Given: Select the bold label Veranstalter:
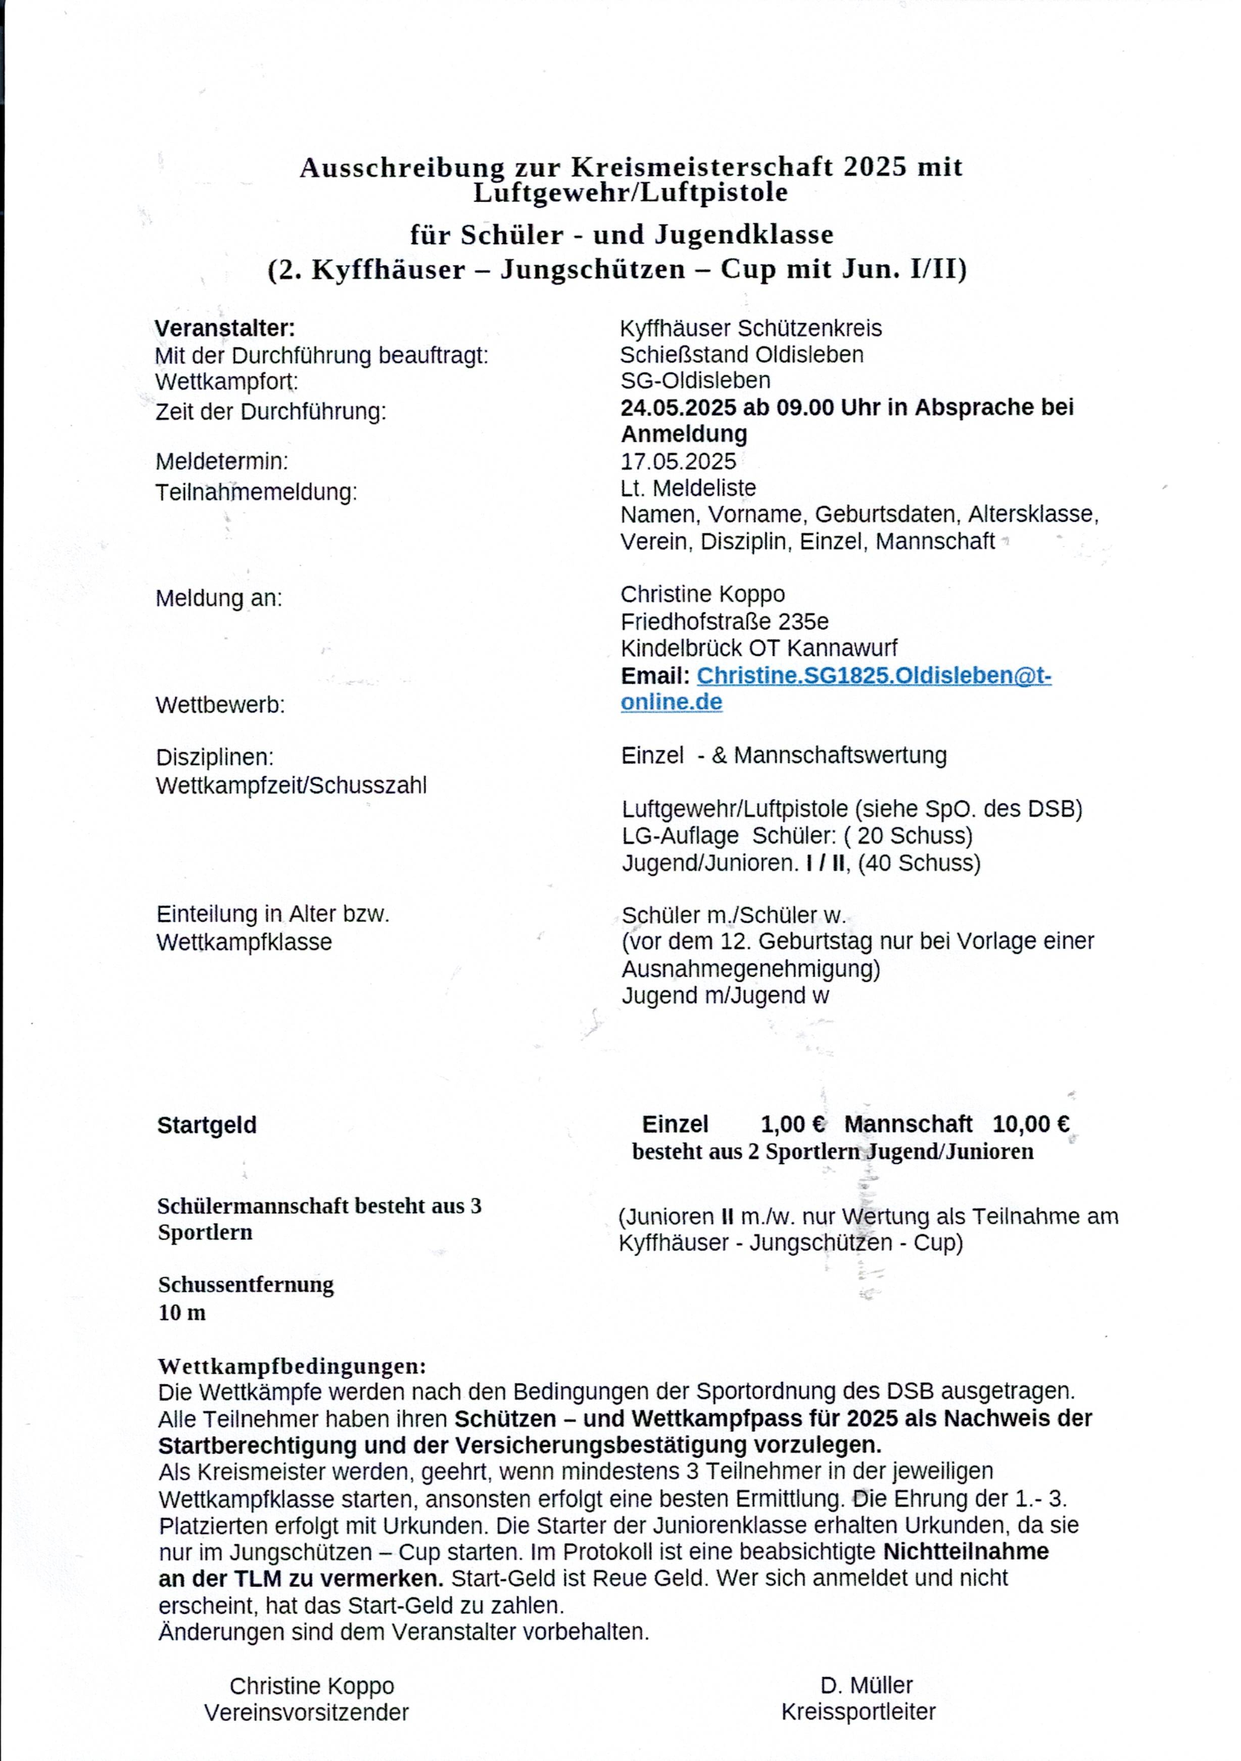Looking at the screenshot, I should (x=225, y=328).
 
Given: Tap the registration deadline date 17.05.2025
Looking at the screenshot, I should (x=678, y=461).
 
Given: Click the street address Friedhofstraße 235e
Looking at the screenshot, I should (x=724, y=620).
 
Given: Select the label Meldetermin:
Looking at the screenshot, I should (x=221, y=461).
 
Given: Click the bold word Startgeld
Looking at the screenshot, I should (x=207, y=1125).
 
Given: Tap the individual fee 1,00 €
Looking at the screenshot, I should (x=793, y=1125).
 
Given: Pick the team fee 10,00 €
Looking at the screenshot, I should (x=1031, y=1125).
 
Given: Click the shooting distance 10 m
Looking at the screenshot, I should (x=182, y=1312).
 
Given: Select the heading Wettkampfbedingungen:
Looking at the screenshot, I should (x=291, y=1366).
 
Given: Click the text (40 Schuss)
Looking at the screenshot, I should (x=919, y=863).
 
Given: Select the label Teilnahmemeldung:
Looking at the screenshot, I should (x=256, y=491).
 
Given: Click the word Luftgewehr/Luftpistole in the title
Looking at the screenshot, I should (x=630, y=193).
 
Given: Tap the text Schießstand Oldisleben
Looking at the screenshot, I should (x=742, y=354).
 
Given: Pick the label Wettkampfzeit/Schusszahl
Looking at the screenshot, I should (x=291, y=786).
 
